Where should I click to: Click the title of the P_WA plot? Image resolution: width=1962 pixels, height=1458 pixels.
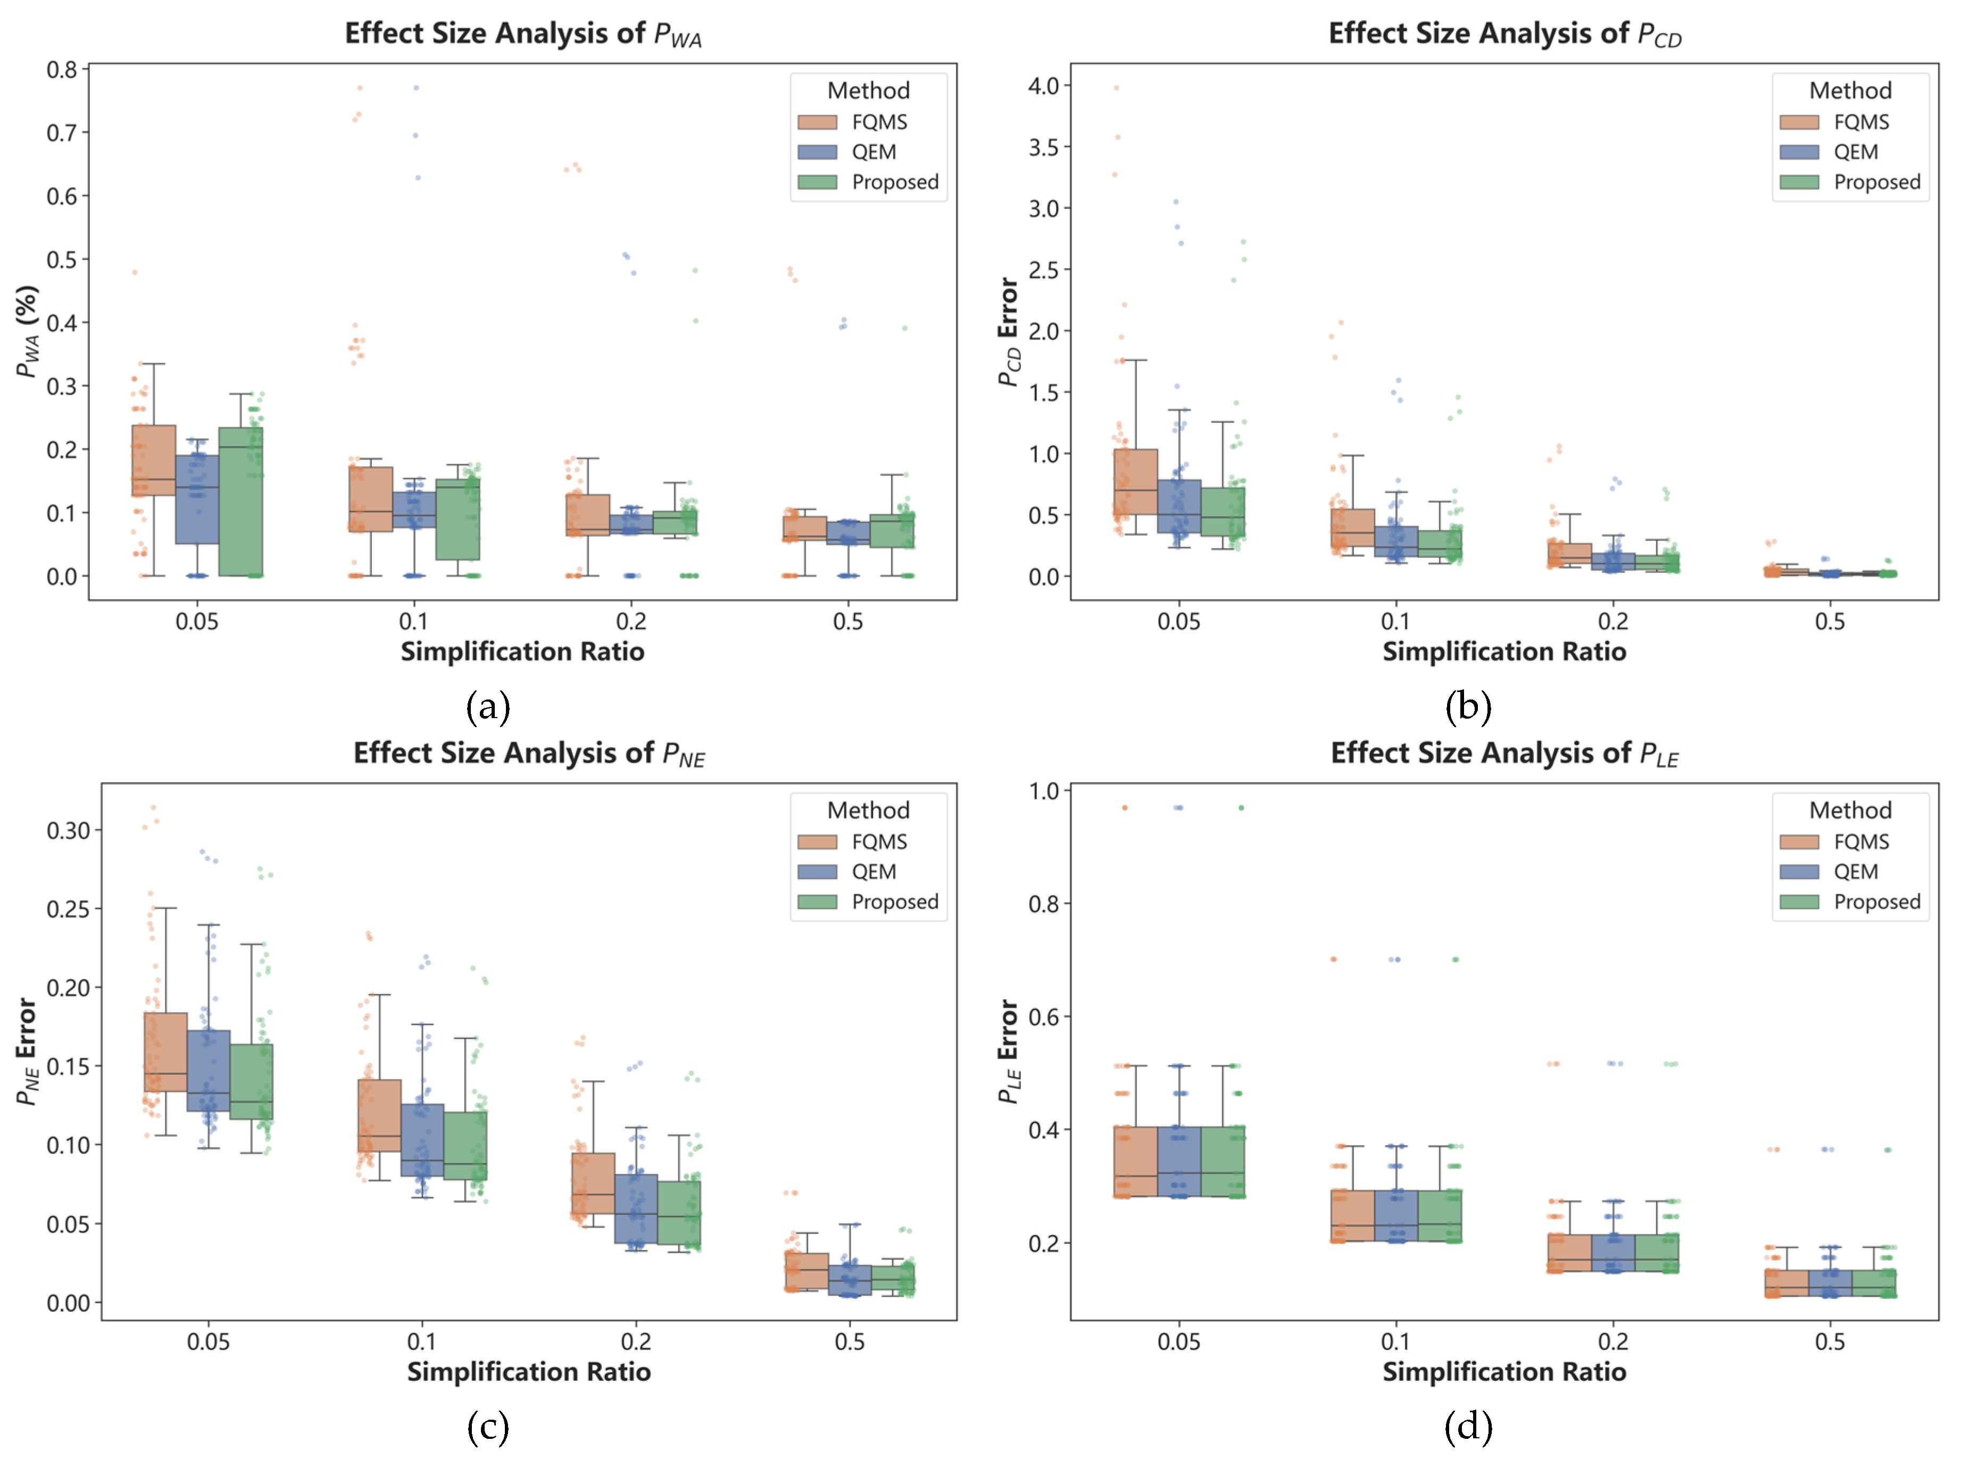point(522,34)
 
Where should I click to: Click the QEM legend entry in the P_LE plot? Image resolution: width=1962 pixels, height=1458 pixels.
point(1855,872)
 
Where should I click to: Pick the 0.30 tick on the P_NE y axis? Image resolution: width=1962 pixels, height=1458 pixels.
point(68,830)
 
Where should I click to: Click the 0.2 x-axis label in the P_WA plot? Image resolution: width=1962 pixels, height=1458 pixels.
point(631,621)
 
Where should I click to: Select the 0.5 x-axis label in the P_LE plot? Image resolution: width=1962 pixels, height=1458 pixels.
point(1830,1342)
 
